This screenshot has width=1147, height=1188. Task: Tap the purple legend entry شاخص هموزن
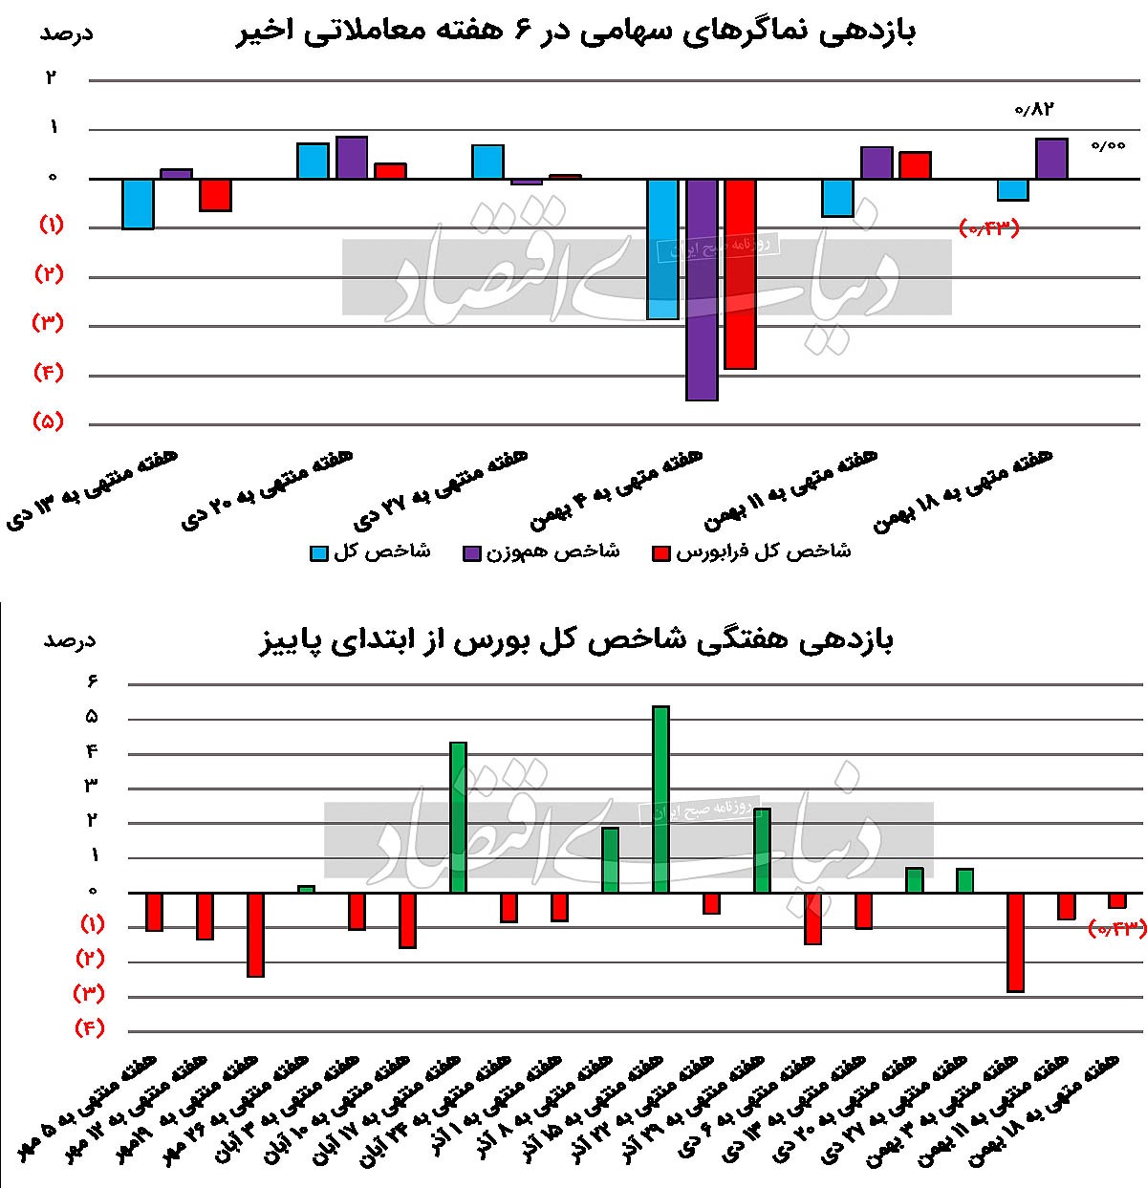pyautogui.click(x=541, y=552)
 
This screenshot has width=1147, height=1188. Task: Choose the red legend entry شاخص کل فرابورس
pyautogui.click(x=751, y=552)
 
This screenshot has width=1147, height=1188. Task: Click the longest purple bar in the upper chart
pyautogui.click(x=702, y=289)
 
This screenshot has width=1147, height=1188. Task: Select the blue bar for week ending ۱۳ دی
pyautogui.click(x=138, y=204)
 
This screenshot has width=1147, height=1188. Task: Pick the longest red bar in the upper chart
pyautogui.click(x=740, y=273)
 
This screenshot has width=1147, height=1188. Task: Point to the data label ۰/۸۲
pyautogui.click(x=1032, y=109)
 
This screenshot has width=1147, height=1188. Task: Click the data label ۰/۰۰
pyautogui.click(x=1109, y=146)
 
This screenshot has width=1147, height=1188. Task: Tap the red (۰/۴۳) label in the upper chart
pyautogui.click(x=989, y=227)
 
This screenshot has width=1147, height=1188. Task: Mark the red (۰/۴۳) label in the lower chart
pyautogui.click(x=1115, y=927)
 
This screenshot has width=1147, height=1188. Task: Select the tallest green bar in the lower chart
pyautogui.click(x=660, y=799)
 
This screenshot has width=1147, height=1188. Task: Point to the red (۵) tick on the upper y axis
pyautogui.click(x=48, y=421)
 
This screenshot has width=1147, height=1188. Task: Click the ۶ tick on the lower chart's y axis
pyautogui.click(x=94, y=681)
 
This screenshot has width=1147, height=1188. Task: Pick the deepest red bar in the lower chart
pyautogui.click(x=1015, y=941)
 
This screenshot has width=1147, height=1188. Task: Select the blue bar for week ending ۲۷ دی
pyautogui.click(x=487, y=162)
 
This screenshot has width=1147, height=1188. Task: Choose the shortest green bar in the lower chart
pyautogui.click(x=306, y=889)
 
